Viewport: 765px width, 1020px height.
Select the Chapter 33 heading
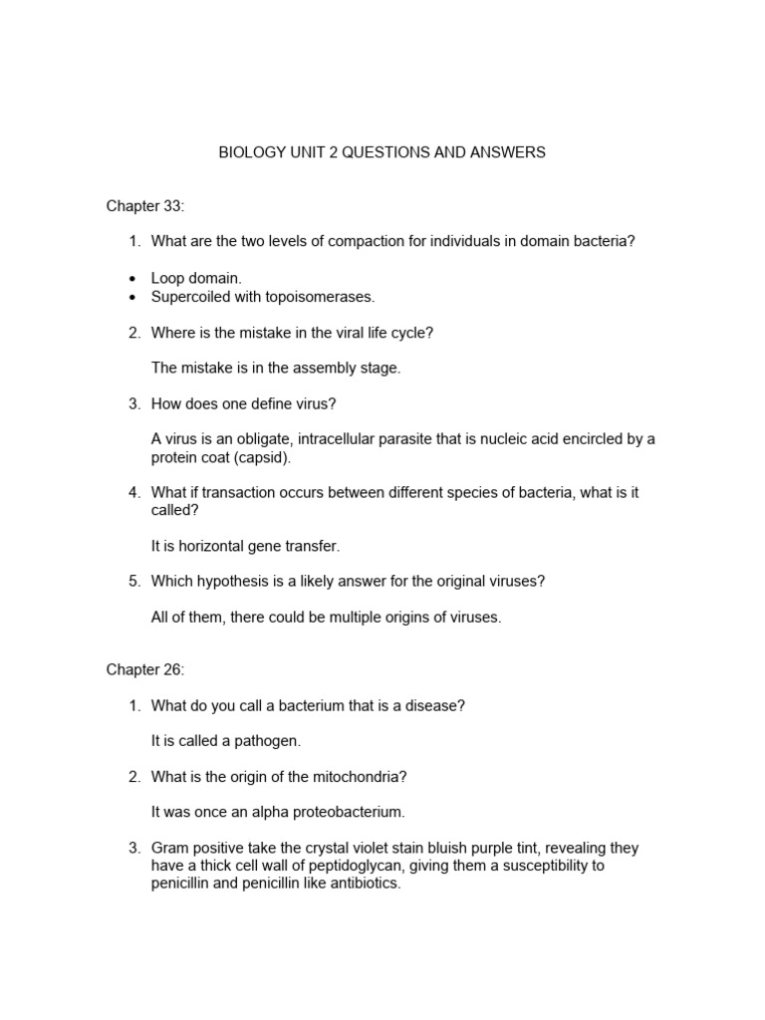pos(145,206)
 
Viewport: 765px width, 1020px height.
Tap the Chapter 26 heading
pos(145,670)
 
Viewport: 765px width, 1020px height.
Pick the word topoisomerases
pos(324,297)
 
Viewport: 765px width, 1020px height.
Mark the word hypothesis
pos(236,581)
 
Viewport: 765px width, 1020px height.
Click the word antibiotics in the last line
pos(362,884)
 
